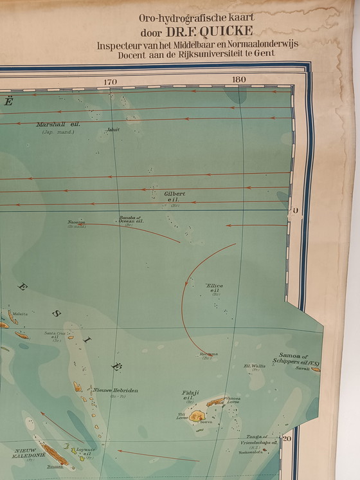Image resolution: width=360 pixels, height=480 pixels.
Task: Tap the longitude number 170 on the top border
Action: [x=111, y=82]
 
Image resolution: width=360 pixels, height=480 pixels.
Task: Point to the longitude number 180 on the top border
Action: [x=239, y=80]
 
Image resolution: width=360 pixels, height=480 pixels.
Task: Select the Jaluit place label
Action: [x=113, y=129]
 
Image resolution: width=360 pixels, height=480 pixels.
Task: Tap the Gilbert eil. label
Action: [x=174, y=196]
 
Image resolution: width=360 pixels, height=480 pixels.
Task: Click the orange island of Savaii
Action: [x=316, y=369]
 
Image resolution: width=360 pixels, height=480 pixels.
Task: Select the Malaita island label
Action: [x=20, y=314]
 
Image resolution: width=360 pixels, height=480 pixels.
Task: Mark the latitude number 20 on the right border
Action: [x=287, y=439]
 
